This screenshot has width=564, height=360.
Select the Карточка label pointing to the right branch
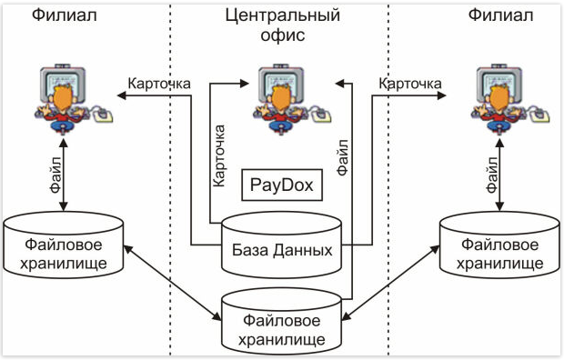tap(409, 84)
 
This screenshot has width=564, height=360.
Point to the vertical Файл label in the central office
tap(344, 156)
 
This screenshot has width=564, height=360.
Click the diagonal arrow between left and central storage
tap(173, 281)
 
